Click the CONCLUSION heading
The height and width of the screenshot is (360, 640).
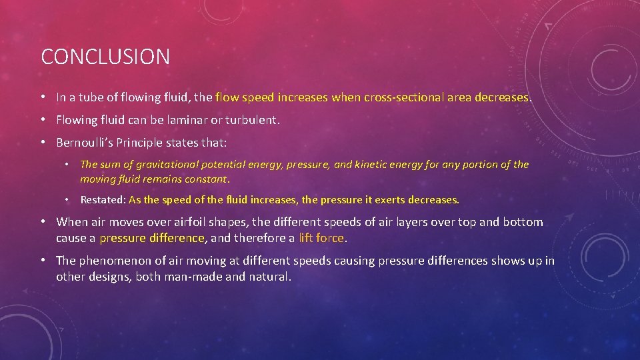(105, 57)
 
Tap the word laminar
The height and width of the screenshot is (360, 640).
(193, 121)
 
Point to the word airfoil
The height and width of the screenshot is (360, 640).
(179, 222)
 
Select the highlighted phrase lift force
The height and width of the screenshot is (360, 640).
(321, 238)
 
